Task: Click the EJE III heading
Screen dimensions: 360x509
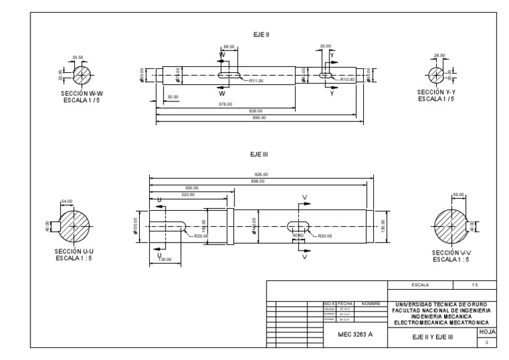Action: point(258,154)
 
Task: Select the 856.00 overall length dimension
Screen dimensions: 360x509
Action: point(259,117)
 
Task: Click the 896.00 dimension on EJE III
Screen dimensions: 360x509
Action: point(258,181)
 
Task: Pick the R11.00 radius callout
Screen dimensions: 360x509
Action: point(256,81)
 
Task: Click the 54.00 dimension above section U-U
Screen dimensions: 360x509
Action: point(67,201)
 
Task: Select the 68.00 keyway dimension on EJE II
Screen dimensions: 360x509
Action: point(229,47)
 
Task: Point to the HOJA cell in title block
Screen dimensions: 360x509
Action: point(486,330)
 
